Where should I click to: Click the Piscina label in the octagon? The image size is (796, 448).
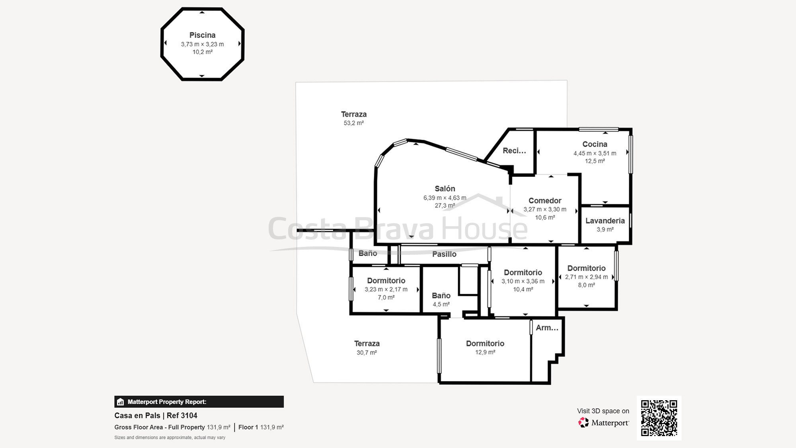[x=202, y=35]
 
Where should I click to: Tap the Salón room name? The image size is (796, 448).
[x=445, y=189]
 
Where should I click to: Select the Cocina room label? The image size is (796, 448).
[x=595, y=144]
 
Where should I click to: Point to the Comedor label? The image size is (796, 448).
[x=545, y=201]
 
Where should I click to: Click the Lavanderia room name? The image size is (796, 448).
[x=605, y=221]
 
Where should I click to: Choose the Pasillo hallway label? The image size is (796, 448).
[x=444, y=254]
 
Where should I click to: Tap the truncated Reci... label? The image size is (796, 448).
[x=514, y=151]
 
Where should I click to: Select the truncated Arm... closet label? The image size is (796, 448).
[x=547, y=328]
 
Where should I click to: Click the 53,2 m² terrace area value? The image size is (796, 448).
[x=353, y=123]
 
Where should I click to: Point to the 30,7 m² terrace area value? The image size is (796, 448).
[x=367, y=352]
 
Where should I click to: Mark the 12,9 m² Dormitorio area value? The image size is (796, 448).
[x=485, y=352]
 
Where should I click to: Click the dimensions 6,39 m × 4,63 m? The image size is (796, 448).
[x=445, y=198]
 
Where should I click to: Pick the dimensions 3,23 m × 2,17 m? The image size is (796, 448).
[x=386, y=290]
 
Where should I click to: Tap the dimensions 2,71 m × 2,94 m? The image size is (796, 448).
[x=586, y=277]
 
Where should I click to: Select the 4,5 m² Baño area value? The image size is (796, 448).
[x=441, y=304]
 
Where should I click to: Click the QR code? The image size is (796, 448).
[x=659, y=418]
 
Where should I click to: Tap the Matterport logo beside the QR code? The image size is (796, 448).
[x=583, y=423]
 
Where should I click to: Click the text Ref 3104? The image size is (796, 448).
[x=182, y=415]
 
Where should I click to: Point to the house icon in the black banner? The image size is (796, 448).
[x=121, y=402]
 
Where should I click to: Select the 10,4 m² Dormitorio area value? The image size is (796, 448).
[x=523, y=290]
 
